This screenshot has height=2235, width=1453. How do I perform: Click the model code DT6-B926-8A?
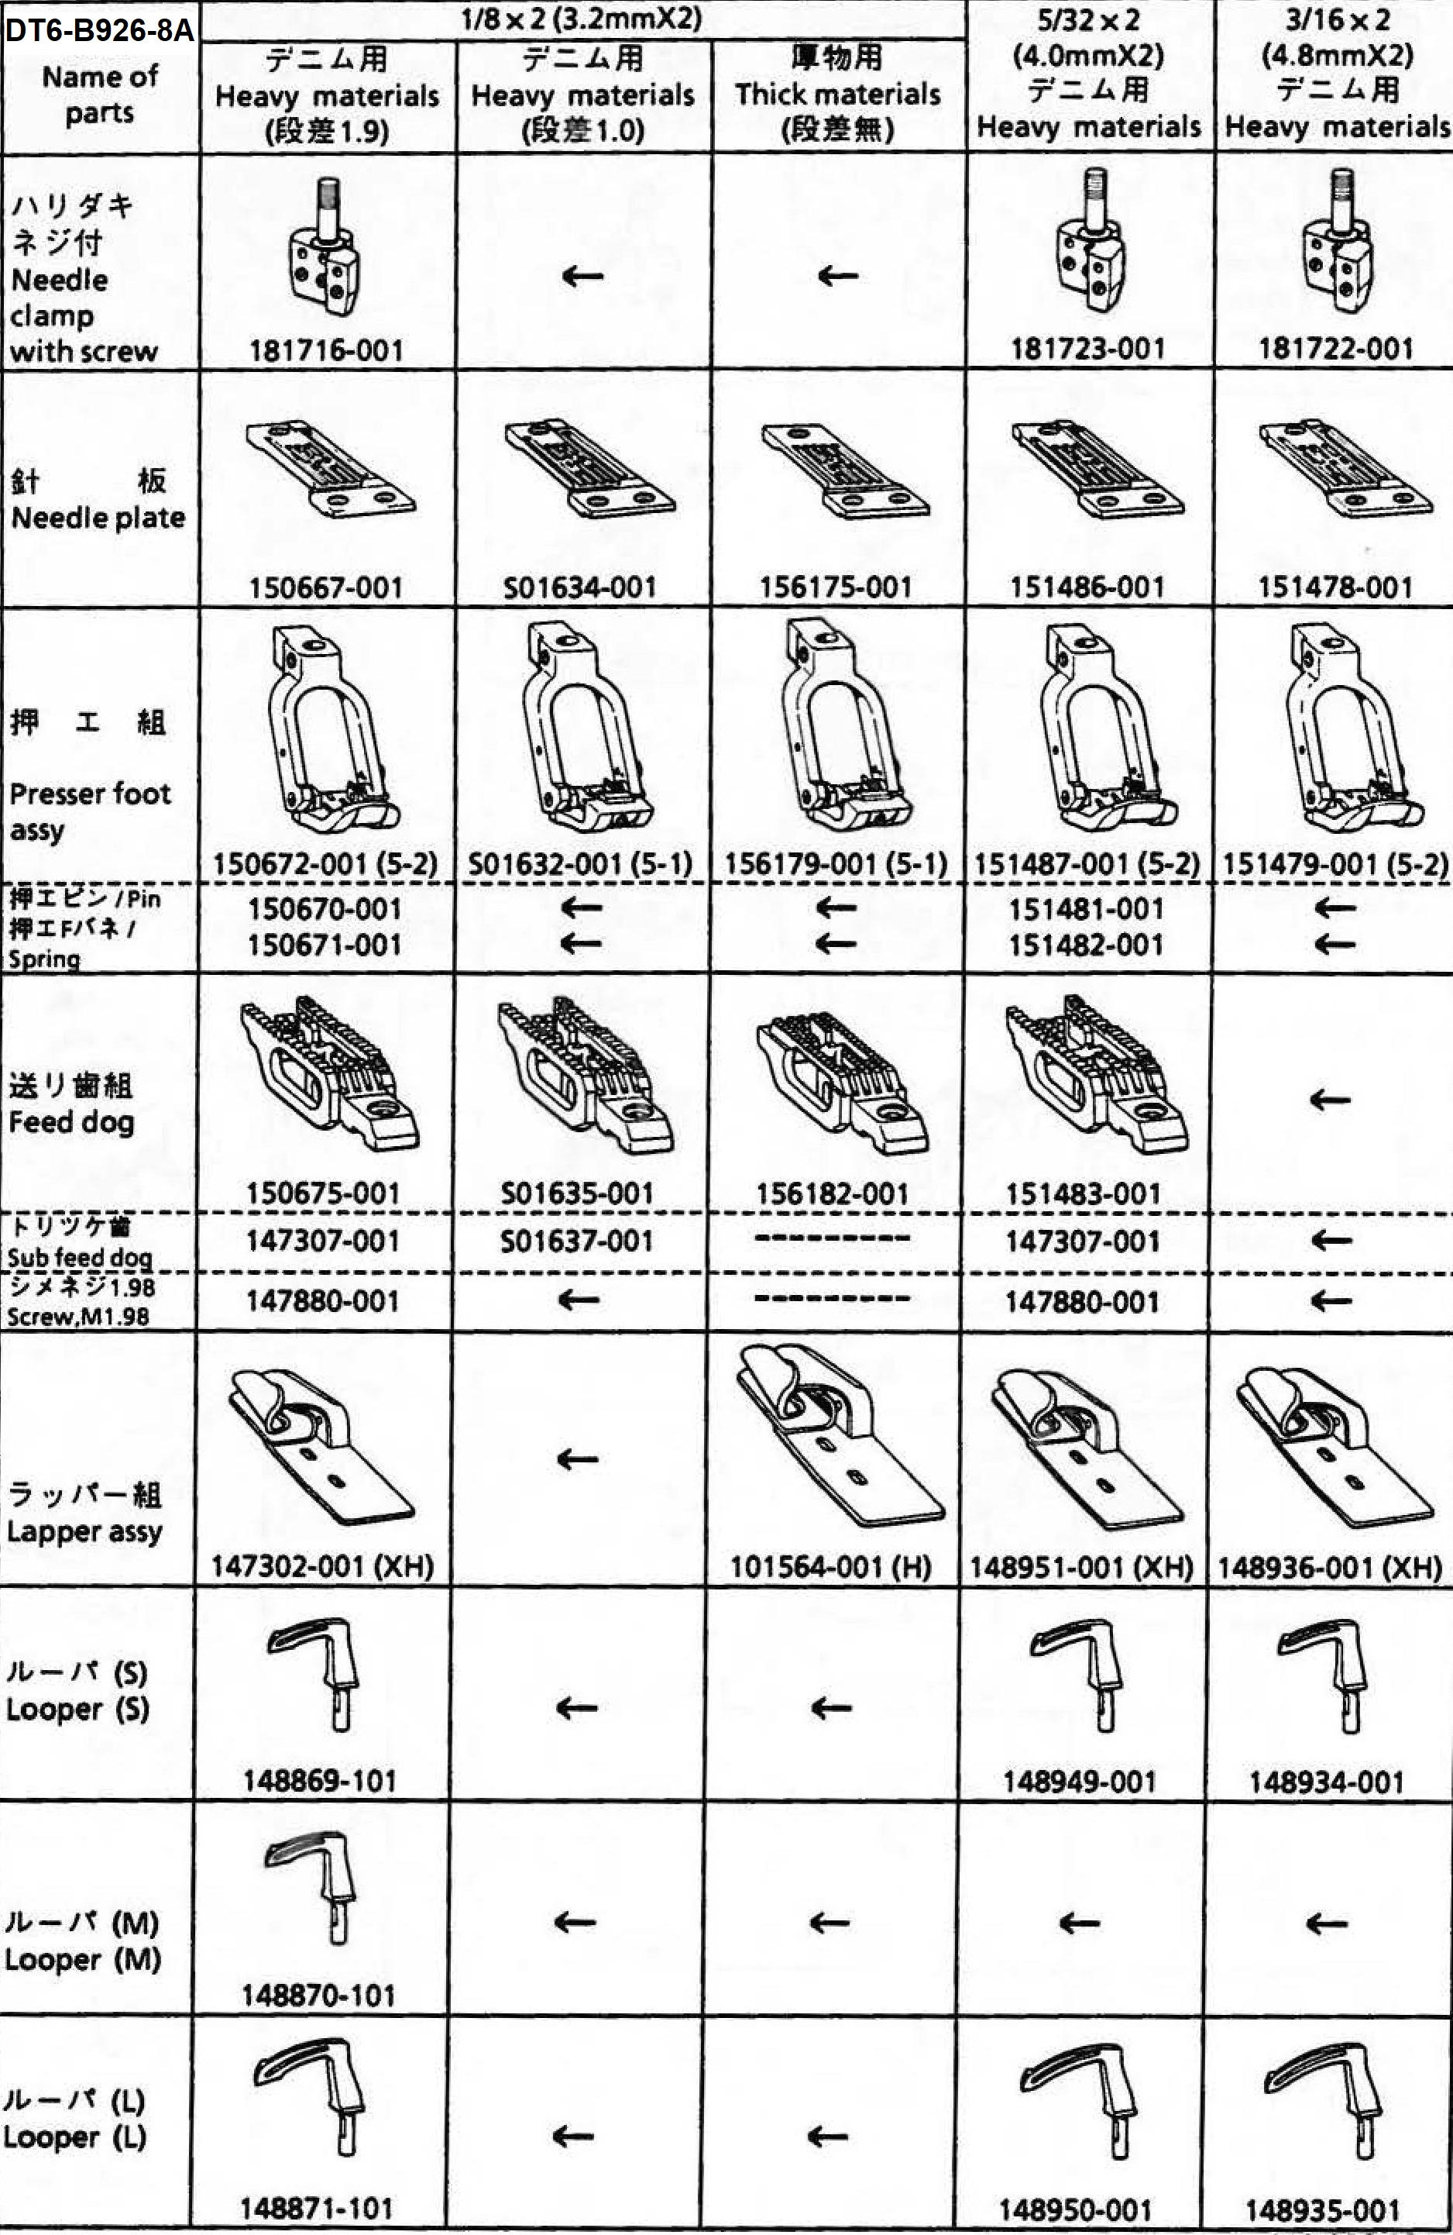(99, 31)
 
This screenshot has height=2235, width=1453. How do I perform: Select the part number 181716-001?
(326, 350)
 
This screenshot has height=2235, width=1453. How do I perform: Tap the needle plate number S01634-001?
(579, 588)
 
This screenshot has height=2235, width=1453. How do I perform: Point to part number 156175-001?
(836, 588)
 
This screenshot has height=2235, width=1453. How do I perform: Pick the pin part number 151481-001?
(1086, 909)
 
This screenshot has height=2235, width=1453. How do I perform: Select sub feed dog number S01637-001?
(576, 1241)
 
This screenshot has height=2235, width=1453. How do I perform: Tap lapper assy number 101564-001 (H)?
(831, 1566)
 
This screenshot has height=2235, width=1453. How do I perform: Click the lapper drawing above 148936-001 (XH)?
(1334, 1446)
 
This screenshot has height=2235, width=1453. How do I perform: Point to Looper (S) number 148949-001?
(1080, 1782)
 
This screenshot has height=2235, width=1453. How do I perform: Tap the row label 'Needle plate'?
(98, 518)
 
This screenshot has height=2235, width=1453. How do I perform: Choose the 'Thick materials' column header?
(837, 94)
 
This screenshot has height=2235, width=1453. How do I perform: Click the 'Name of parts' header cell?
(99, 94)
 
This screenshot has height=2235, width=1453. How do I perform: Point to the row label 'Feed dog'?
(71, 1122)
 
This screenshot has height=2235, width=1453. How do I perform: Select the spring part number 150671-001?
(325, 945)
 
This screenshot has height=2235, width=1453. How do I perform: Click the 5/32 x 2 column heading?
(1089, 19)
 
